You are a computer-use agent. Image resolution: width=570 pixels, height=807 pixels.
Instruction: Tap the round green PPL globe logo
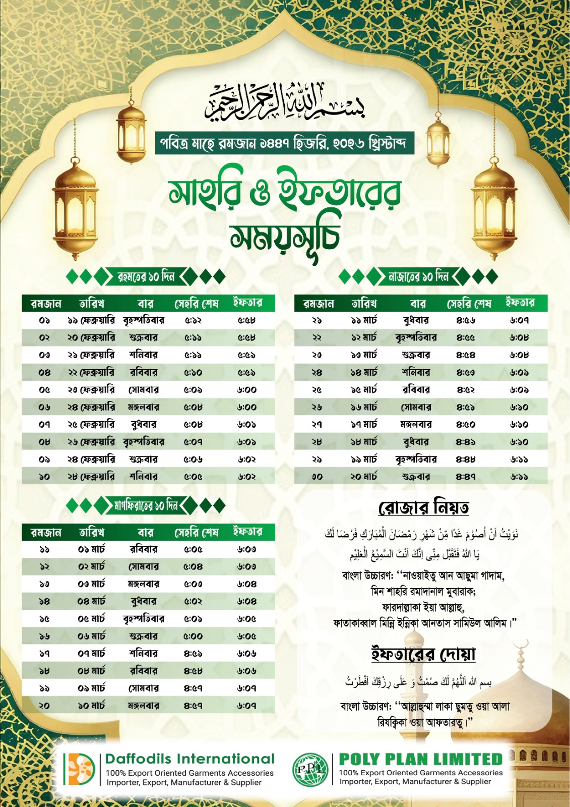[310, 769]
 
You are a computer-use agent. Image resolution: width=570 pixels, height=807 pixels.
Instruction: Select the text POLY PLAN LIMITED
[421, 759]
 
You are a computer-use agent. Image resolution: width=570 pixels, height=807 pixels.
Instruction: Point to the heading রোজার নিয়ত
[423, 507]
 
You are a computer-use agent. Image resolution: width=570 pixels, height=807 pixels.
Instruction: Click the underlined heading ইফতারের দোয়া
[423, 654]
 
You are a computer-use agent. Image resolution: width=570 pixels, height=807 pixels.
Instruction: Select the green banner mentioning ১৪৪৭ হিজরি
[285, 143]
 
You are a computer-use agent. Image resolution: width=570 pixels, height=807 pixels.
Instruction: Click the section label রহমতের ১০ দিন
[146, 276]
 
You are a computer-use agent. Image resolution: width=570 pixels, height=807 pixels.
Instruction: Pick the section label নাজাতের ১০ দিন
[418, 276]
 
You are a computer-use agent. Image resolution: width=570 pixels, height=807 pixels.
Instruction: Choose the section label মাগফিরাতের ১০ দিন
[146, 505]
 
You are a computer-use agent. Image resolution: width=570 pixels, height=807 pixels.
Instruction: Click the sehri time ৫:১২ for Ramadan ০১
[193, 320]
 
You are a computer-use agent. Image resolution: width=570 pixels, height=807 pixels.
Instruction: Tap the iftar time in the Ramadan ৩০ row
[519, 477]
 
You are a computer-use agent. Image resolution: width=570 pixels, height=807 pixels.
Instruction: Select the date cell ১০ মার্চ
[92, 706]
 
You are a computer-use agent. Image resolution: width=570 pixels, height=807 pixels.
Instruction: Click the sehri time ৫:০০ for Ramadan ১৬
[193, 637]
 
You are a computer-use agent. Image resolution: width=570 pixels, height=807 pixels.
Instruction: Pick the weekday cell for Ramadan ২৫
[416, 390]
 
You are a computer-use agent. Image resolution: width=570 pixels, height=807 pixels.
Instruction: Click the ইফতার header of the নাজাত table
[520, 303]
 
